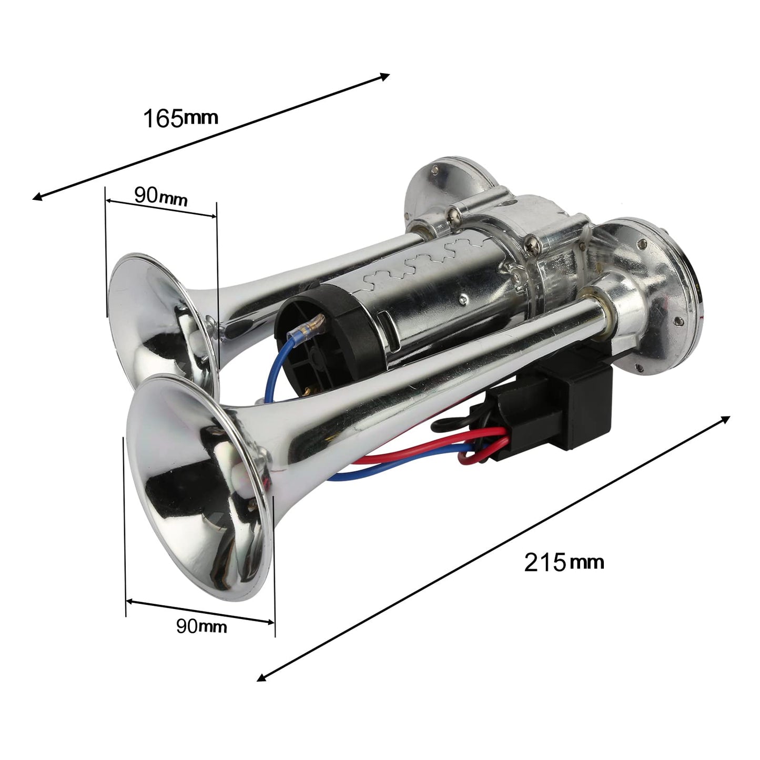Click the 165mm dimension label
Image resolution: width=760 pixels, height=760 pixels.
pos(180,118)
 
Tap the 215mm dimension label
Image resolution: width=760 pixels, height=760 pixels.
pos(563,562)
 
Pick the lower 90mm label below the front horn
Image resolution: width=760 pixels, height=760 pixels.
pos(201,626)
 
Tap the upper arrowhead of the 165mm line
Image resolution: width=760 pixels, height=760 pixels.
pos(385,76)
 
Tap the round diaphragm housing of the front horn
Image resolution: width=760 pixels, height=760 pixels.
pos(652,295)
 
